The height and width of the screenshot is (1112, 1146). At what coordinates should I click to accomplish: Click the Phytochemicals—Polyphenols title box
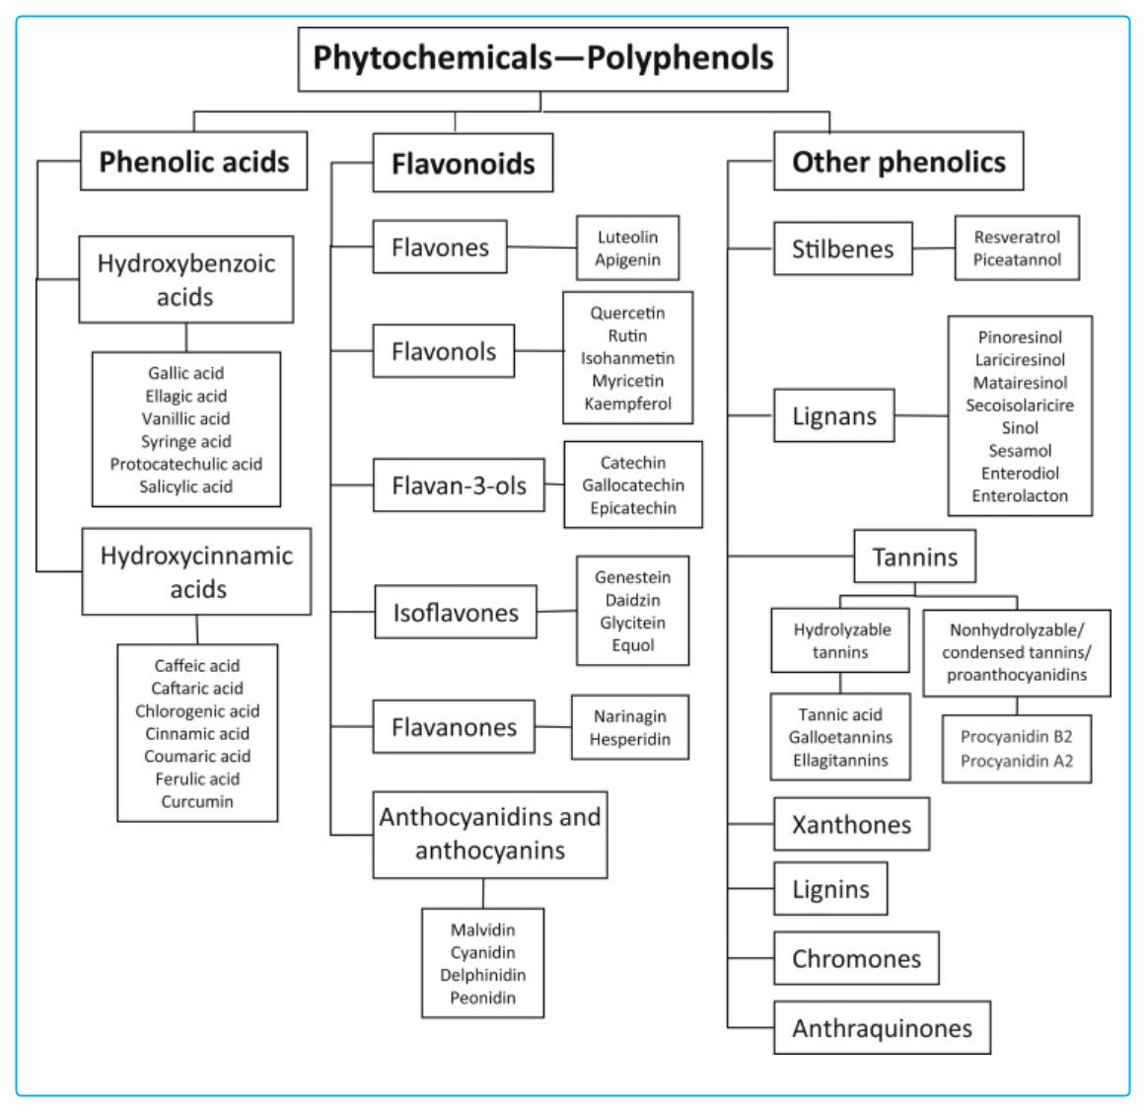click(542, 58)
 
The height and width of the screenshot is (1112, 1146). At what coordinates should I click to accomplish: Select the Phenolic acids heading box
click(194, 162)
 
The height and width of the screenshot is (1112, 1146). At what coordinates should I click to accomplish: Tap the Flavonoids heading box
click(463, 164)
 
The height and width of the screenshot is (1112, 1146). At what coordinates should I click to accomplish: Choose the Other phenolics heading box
click(898, 162)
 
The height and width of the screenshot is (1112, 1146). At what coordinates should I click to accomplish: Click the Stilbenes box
click(842, 249)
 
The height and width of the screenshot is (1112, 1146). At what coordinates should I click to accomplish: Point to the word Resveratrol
click(1017, 237)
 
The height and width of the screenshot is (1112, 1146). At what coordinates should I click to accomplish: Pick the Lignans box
click(833, 416)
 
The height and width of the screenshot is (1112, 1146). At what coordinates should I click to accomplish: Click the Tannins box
click(914, 557)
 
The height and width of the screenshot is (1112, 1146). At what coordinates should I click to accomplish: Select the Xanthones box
click(851, 825)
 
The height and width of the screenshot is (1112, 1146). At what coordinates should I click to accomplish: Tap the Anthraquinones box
click(882, 1028)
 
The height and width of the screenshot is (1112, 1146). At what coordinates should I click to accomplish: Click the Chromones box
click(856, 959)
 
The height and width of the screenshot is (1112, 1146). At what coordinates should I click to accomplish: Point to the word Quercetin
click(627, 313)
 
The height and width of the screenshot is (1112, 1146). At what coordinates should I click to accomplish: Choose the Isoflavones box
click(456, 613)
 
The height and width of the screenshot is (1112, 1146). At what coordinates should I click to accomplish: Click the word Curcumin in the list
click(197, 801)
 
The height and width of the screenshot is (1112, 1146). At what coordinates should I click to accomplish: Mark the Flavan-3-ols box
click(459, 485)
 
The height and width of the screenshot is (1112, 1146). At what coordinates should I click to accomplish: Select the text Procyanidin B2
click(1016, 737)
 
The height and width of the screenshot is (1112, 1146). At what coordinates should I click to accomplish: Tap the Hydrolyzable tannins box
click(840, 641)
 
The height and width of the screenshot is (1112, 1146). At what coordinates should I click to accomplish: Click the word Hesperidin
click(629, 739)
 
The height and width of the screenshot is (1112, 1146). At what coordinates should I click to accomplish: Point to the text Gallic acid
click(185, 373)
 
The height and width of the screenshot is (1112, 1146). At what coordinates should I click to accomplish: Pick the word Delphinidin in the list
click(482, 975)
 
